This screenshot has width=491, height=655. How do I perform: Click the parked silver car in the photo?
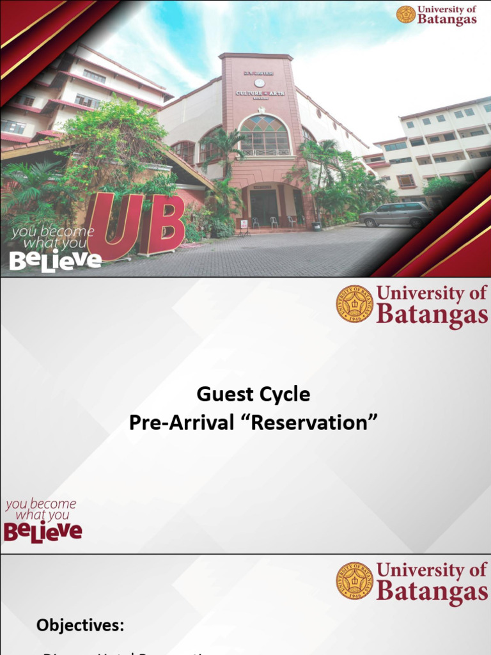[x=396, y=214]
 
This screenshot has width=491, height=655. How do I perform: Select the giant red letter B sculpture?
[x=162, y=224]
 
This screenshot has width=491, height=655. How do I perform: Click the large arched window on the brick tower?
[x=263, y=136]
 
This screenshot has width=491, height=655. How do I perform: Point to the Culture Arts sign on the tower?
[x=260, y=93]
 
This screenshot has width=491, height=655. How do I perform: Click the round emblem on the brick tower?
[x=259, y=83]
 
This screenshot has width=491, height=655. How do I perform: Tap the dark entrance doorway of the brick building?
[x=263, y=207]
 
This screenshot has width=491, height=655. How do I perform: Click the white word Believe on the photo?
[x=55, y=260]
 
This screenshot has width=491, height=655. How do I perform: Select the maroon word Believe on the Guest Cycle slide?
[x=43, y=531]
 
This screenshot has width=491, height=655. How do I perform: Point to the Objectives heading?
[x=81, y=624]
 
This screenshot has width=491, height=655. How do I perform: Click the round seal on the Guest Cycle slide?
[x=355, y=303]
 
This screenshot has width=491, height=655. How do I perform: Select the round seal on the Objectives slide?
[x=355, y=580]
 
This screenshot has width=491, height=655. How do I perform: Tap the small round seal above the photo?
[x=405, y=14]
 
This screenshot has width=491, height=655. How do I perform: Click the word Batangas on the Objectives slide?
[x=432, y=592]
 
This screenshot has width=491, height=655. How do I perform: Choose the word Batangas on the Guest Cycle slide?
[x=432, y=315]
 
